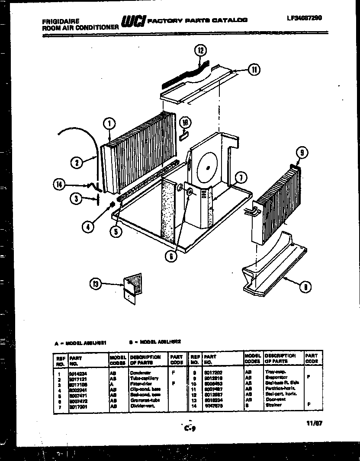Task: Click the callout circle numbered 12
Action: click(200, 50)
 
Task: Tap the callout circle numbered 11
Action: click(254, 70)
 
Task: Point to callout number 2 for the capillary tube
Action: click(76, 163)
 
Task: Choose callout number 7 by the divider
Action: click(241, 176)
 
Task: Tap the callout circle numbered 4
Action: click(88, 226)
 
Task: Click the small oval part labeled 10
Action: click(183, 136)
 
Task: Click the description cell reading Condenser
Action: click(141, 372)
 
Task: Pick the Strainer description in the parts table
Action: click(274, 405)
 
